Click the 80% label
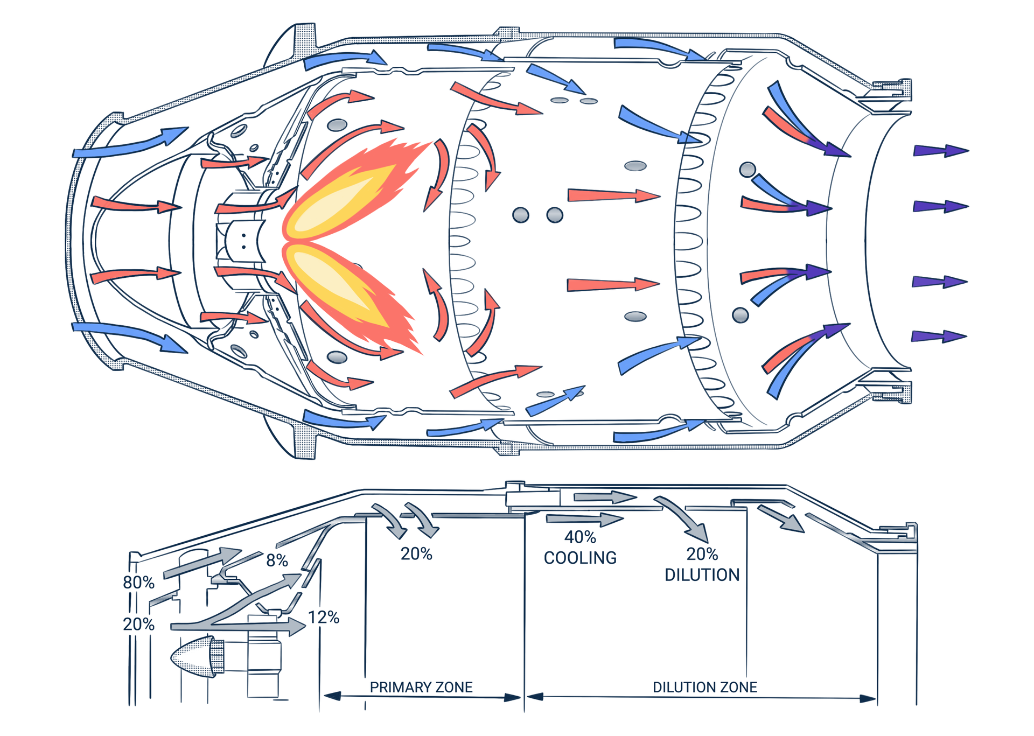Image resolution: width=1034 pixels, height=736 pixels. tap(138, 583)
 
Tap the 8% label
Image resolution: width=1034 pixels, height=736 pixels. tap(277, 560)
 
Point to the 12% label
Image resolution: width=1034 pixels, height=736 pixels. tap(324, 618)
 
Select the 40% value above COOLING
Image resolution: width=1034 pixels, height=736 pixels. tap(580, 537)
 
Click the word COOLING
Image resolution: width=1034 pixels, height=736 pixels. tap(580, 558)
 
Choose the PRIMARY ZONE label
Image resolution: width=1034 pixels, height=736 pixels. tap(421, 688)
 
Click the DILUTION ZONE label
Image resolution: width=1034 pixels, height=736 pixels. tap(705, 688)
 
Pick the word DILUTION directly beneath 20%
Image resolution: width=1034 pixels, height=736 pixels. tap(702, 576)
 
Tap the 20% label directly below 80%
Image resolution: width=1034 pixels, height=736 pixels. tap(138, 625)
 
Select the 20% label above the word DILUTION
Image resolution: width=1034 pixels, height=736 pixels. tap(702, 554)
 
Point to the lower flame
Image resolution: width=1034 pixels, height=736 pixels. tap(350, 293)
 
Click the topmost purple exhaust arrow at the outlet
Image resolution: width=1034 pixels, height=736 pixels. tap(940, 151)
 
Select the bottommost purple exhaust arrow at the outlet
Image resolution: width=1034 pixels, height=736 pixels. tap(939, 337)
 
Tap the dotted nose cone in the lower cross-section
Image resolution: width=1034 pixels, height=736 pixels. tap(194, 657)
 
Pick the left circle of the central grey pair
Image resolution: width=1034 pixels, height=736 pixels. tap(521, 215)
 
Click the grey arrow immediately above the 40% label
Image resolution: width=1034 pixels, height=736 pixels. tap(584, 520)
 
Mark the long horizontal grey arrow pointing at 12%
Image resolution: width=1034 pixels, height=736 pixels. tap(237, 627)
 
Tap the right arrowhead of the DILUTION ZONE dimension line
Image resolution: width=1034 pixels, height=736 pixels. tap(868, 699)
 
